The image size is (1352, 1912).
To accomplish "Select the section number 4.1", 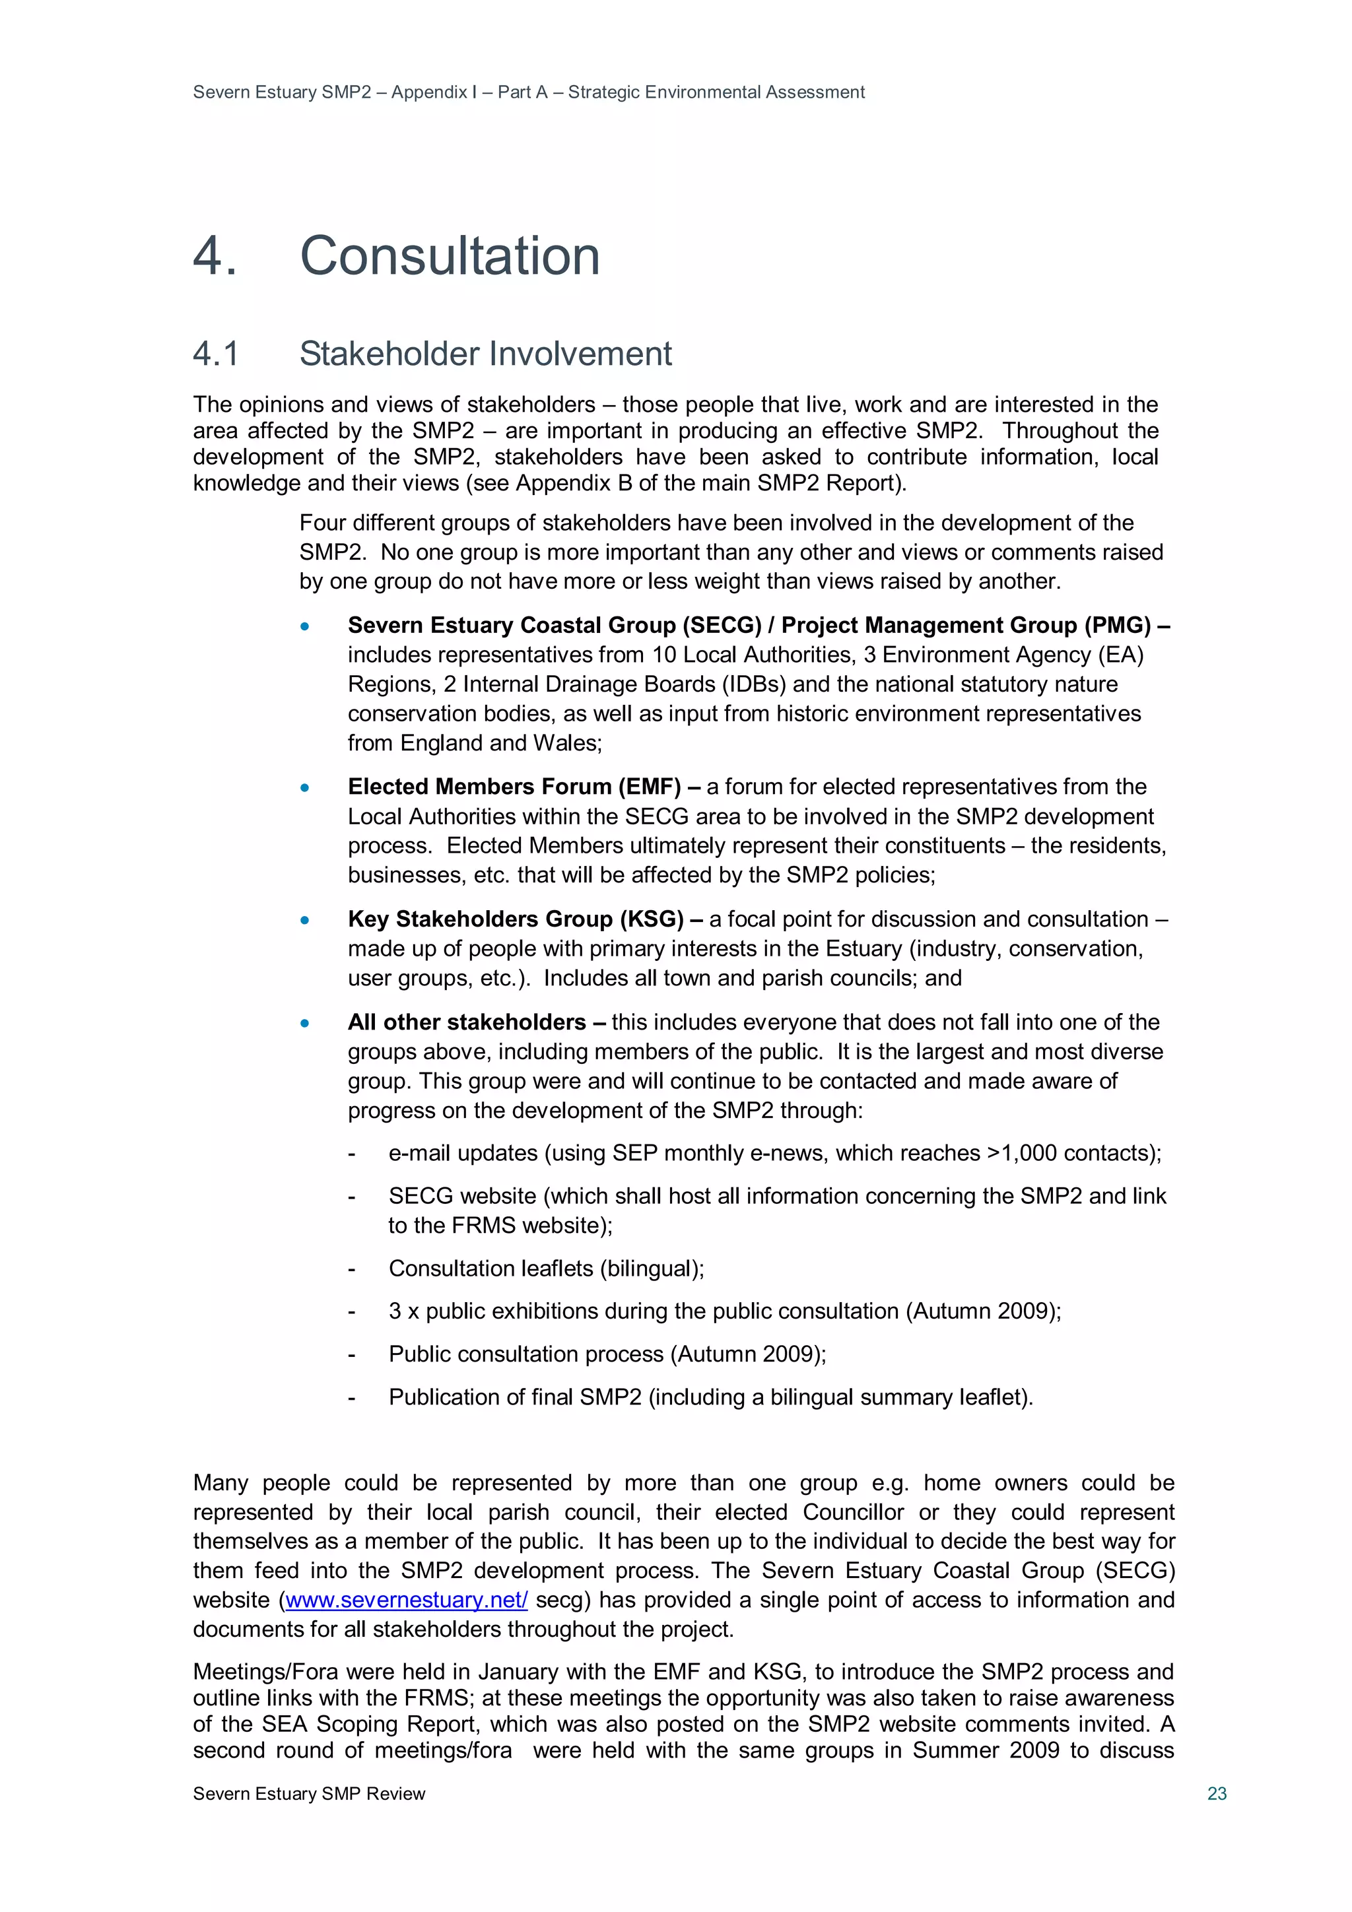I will [216, 354].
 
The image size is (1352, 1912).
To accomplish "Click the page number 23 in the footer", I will [1216, 1793].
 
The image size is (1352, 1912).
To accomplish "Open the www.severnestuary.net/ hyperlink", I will [406, 1600].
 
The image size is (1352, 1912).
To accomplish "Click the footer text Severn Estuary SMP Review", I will [309, 1793].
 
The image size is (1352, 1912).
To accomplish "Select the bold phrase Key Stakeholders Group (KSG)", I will [516, 919].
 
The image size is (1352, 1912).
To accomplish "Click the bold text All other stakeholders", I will [467, 1022].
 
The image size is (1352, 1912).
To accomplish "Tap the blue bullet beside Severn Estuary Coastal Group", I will [305, 626].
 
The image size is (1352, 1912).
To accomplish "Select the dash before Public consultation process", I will [352, 1355].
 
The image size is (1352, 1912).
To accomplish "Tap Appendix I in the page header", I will [433, 92].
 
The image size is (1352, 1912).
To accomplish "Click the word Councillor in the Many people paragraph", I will [853, 1511].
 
